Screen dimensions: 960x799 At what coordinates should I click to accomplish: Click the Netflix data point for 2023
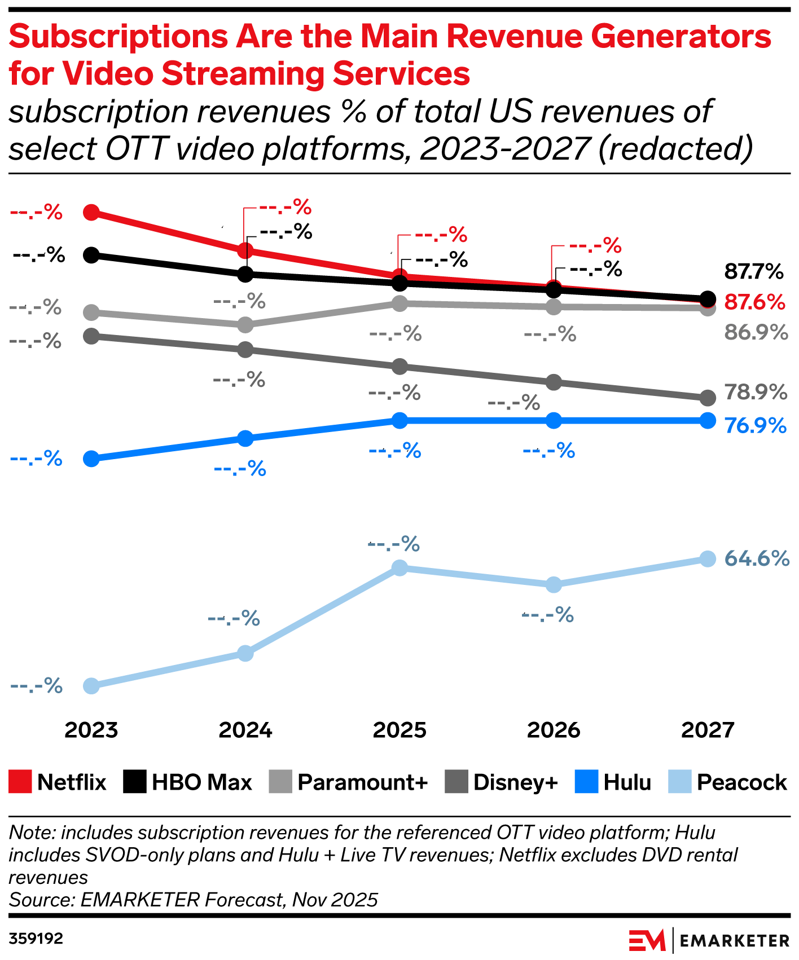(x=91, y=213)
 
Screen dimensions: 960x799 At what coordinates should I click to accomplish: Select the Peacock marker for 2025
(x=399, y=567)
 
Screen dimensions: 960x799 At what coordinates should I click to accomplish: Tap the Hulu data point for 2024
(x=245, y=438)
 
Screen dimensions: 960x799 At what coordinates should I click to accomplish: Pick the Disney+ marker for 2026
(x=554, y=382)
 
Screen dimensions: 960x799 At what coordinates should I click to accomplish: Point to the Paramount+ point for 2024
(x=245, y=325)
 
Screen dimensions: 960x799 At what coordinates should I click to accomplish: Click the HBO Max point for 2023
(x=91, y=256)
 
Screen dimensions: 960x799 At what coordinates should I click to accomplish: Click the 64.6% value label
(x=757, y=558)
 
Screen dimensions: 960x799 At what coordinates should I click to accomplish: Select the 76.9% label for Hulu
(x=756, y=425)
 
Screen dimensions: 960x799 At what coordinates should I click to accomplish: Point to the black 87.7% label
(x=754, y=272)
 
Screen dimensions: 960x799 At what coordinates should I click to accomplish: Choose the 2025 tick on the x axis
(x=399, y=730)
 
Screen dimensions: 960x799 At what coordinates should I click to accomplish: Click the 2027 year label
(x=708, y=730)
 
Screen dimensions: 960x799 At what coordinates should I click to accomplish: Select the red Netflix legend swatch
(x=20, y=782)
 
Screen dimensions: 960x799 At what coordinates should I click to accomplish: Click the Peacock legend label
(x=741, y=782)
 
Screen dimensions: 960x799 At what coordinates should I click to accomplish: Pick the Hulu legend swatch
(x=586, y=782)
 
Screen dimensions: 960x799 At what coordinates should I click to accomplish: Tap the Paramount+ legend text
(x=363, y=782)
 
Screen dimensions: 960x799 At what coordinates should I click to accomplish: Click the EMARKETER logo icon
(x=647, y=941)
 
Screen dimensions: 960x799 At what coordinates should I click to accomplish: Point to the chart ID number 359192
(x=36, y=939)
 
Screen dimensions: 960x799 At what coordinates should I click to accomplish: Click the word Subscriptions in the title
(x=117, y=37)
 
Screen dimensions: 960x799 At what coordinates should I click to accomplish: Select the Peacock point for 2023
(x=91, y=686)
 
